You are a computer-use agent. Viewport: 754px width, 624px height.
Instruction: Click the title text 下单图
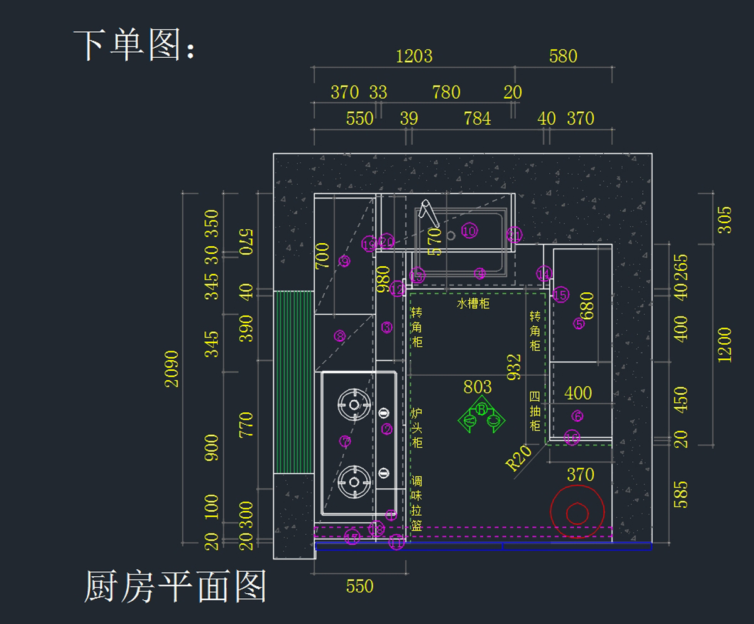134,45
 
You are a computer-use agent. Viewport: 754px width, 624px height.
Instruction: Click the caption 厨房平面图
175,586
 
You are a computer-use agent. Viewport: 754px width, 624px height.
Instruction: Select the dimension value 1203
414,56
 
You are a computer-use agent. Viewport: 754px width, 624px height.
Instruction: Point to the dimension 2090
172,369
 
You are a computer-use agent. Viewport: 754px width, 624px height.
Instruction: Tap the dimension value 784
477,118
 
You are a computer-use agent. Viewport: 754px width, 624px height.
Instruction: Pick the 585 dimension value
680,495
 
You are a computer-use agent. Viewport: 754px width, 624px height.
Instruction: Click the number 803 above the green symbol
478,386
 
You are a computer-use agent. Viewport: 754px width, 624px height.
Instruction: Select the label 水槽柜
473,304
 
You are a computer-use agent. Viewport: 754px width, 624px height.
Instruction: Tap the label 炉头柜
417,427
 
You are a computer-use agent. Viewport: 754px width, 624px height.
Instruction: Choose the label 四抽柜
535,411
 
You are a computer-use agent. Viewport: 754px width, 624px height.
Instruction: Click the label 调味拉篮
417,503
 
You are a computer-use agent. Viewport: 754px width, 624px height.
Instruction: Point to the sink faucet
430,213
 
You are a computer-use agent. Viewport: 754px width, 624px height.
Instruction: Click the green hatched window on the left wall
293,381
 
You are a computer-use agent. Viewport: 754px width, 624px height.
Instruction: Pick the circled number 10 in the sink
469,231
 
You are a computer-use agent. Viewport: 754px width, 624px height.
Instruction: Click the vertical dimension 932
514,367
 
